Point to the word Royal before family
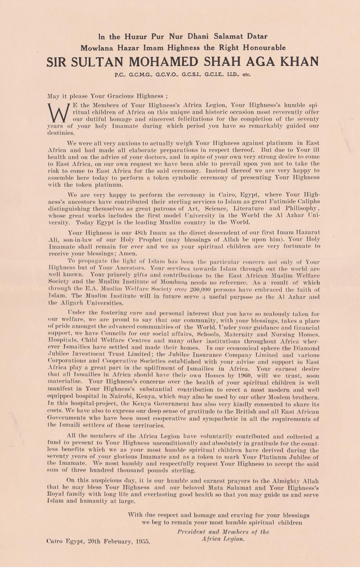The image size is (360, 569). click(56, 494)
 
